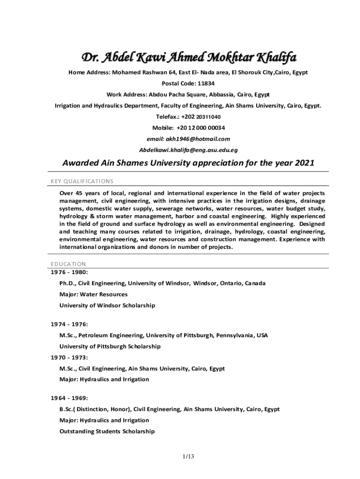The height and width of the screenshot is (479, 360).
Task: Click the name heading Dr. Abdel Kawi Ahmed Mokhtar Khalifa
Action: click(x=189, y=58)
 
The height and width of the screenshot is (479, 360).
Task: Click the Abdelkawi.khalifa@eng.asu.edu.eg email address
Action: click(x=188, y=150)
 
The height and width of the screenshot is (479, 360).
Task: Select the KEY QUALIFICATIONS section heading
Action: click(x=82, y=181)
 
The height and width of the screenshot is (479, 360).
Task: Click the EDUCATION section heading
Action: click(x=68, y=264)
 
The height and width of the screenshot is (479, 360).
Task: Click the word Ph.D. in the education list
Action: click(x=68, y=283)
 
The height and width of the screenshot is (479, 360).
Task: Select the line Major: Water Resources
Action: click(x=93, y=295)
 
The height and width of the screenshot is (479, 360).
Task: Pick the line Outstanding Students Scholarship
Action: click(x=107, y=431)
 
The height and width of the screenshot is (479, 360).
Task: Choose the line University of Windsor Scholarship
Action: click(x=107, y=305)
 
